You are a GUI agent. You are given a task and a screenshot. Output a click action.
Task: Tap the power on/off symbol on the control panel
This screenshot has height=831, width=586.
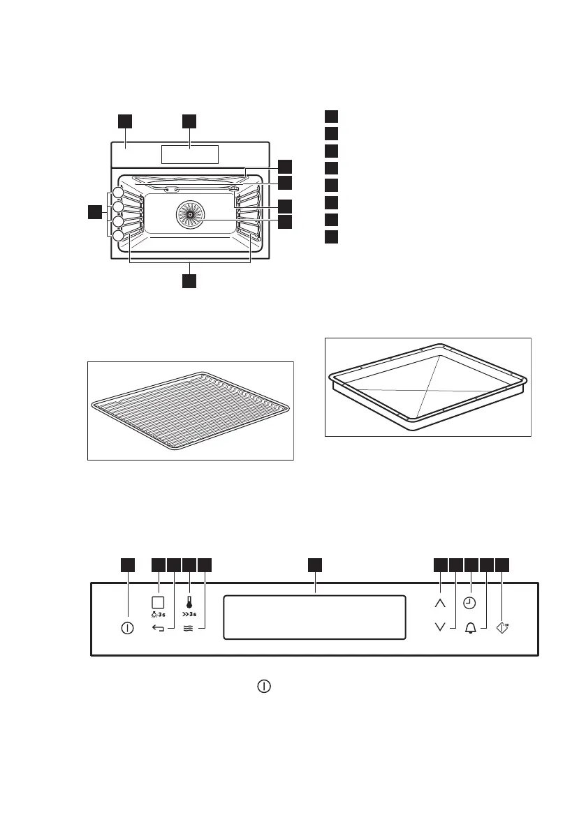127,628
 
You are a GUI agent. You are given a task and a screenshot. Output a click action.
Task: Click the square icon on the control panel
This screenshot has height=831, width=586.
159,601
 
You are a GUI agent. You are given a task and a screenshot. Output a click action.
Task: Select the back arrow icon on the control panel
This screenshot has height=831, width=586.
159,628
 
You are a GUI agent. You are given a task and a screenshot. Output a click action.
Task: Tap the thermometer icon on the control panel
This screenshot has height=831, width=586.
189,601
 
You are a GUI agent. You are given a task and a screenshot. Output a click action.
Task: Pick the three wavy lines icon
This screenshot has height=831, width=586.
189,628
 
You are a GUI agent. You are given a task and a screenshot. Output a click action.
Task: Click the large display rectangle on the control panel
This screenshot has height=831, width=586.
314,617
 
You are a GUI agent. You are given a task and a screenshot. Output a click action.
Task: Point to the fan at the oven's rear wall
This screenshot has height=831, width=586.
189,214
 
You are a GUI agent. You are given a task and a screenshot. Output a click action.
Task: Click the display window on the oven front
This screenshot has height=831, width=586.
189,155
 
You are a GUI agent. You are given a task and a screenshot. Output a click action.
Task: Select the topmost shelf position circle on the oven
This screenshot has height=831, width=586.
119,193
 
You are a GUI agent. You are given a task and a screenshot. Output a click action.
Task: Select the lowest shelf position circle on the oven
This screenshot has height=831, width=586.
119,237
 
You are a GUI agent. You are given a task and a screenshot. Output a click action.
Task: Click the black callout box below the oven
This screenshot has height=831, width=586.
189,280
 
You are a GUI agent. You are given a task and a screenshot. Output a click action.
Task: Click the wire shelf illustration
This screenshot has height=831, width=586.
190,410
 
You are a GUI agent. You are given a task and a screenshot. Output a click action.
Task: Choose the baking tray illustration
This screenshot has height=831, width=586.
428,387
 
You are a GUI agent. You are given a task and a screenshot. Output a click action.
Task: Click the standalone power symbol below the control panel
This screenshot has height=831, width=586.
264,687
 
